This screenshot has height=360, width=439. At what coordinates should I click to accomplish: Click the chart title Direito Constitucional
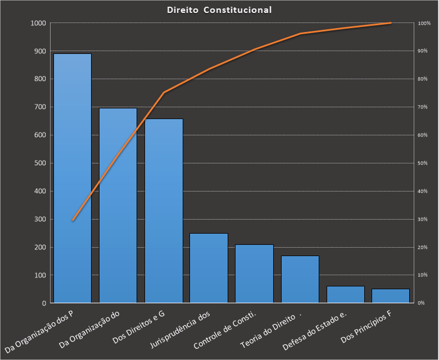(x=219, y=10)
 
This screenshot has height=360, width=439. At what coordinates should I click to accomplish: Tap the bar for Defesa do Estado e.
(x=345, y=294)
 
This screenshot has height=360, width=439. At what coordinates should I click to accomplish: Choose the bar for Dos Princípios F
(x=391, y=296)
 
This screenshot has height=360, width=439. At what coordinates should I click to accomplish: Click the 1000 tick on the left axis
(x=38, y=23)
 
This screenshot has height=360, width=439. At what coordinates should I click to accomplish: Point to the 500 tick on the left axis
(x=40, y=163)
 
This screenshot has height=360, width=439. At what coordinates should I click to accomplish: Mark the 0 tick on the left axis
(x=44, y=303)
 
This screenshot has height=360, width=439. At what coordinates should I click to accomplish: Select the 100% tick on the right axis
(x=424, y=23)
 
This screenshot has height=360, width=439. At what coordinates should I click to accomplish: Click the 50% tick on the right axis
(x=423, y=163)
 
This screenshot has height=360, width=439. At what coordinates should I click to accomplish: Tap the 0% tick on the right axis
(x=422, y=303)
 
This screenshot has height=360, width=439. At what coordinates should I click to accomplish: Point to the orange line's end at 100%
(x=391, y=23)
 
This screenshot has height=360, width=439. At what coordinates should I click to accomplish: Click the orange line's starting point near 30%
(x=73, y=220)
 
